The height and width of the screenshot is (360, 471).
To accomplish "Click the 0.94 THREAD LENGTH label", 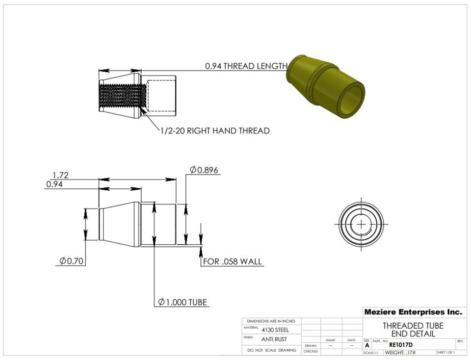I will [246, 66].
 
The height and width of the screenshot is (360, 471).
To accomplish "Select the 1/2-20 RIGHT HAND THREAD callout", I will [215, 131].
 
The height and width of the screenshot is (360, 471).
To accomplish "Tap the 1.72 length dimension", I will [60, 175].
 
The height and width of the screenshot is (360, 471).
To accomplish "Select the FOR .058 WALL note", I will [233, 261].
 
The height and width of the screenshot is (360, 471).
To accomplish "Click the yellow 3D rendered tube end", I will [326, 86].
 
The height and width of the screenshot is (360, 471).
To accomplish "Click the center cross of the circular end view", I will [362, 224].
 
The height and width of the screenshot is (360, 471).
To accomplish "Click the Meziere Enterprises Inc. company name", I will [413, 312].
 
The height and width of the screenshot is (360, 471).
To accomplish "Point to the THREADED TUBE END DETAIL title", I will [413, 330].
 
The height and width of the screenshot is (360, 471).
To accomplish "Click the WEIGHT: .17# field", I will [400, 353].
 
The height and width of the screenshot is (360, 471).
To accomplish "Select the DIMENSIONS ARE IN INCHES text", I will [271, 321].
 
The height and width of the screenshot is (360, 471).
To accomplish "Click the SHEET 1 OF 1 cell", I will [445, 353].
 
